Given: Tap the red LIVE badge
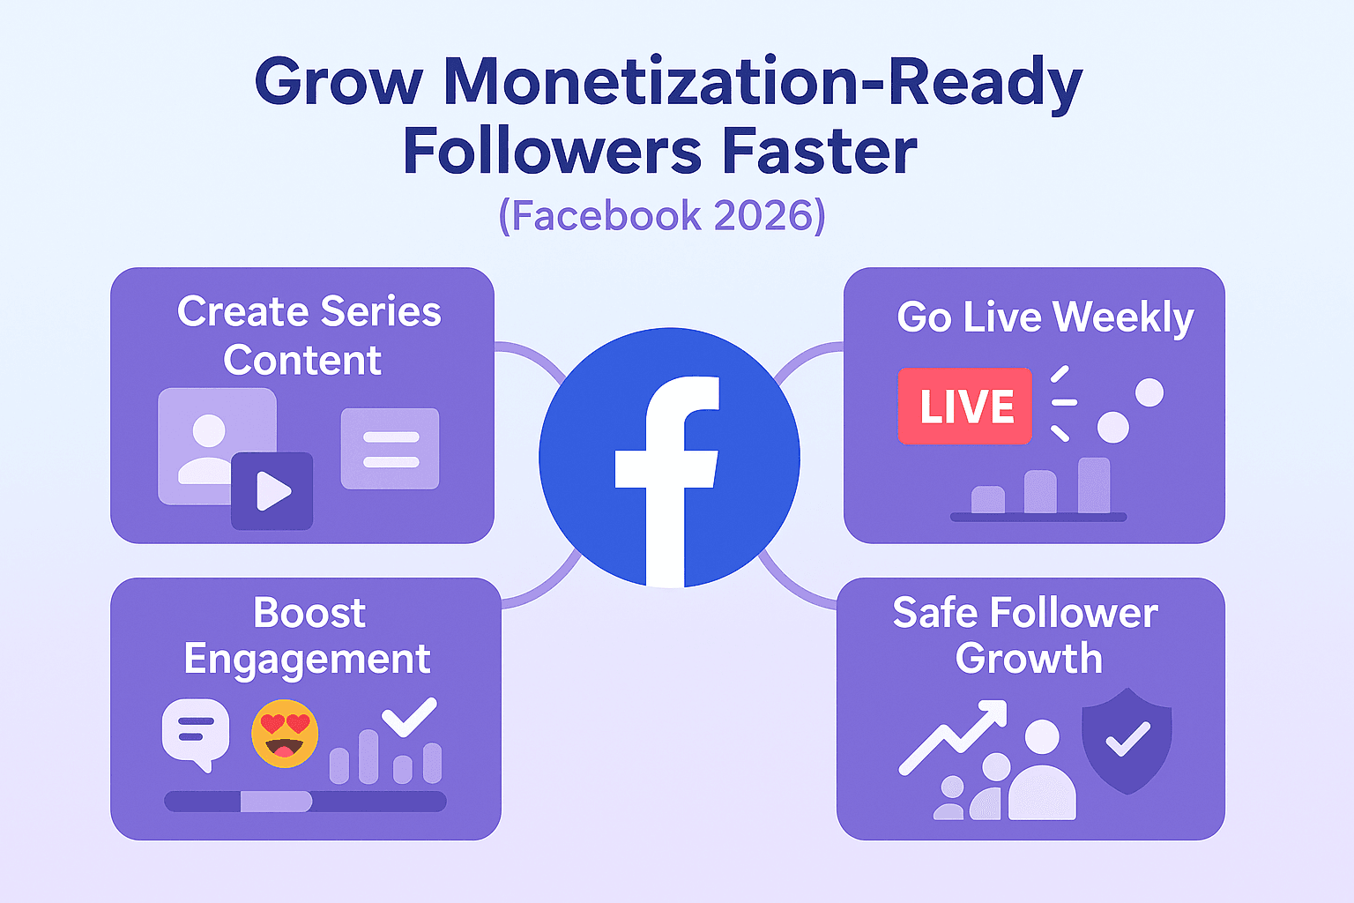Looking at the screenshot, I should pos(965,407).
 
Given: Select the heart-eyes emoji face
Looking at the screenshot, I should pos(285,734).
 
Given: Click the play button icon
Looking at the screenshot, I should pos(272,491).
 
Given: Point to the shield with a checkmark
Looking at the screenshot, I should pos(1127,740).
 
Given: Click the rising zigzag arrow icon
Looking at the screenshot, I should pos(952,737).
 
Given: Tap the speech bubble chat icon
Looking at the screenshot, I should pos(196,733).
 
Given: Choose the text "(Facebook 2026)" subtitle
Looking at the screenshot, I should pos(662,215).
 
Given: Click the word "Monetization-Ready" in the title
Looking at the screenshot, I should pos(763,83).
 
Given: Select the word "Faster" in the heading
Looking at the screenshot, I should pos(820,152).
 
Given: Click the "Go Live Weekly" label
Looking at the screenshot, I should pos(1045,317).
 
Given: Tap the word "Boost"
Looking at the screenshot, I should pos(309,613).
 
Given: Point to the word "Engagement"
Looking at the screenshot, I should pos(307,660).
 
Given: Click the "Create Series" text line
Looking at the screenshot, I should pos(309,311).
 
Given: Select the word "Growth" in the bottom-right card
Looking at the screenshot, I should pos(1029,659).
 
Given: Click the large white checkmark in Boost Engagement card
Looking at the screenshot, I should pos(409,716).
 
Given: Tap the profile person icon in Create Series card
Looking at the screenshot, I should pos(208,448).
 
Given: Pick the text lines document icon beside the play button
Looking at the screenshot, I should pos(390,449).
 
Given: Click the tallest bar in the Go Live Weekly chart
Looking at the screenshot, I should pos(1094,485).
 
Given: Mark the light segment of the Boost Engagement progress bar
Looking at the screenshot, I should pos(276,802).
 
